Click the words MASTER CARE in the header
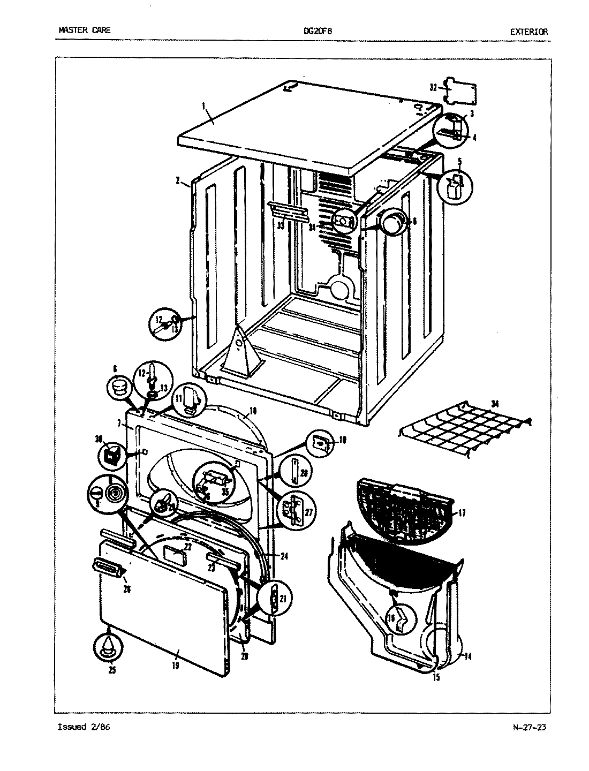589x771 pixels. (84, 31)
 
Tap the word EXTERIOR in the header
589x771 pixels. (528, 32)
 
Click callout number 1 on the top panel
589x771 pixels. (204, 107)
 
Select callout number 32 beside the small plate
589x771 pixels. (433, 87)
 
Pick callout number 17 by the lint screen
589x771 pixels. (462, 513)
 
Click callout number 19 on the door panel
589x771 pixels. (176, 666)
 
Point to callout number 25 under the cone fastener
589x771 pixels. (111, 670)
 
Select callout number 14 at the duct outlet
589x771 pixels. (467, 656)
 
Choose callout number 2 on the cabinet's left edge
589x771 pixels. (177, 180)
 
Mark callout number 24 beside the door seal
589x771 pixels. (284, 556)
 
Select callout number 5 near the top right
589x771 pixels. (459, 160)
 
